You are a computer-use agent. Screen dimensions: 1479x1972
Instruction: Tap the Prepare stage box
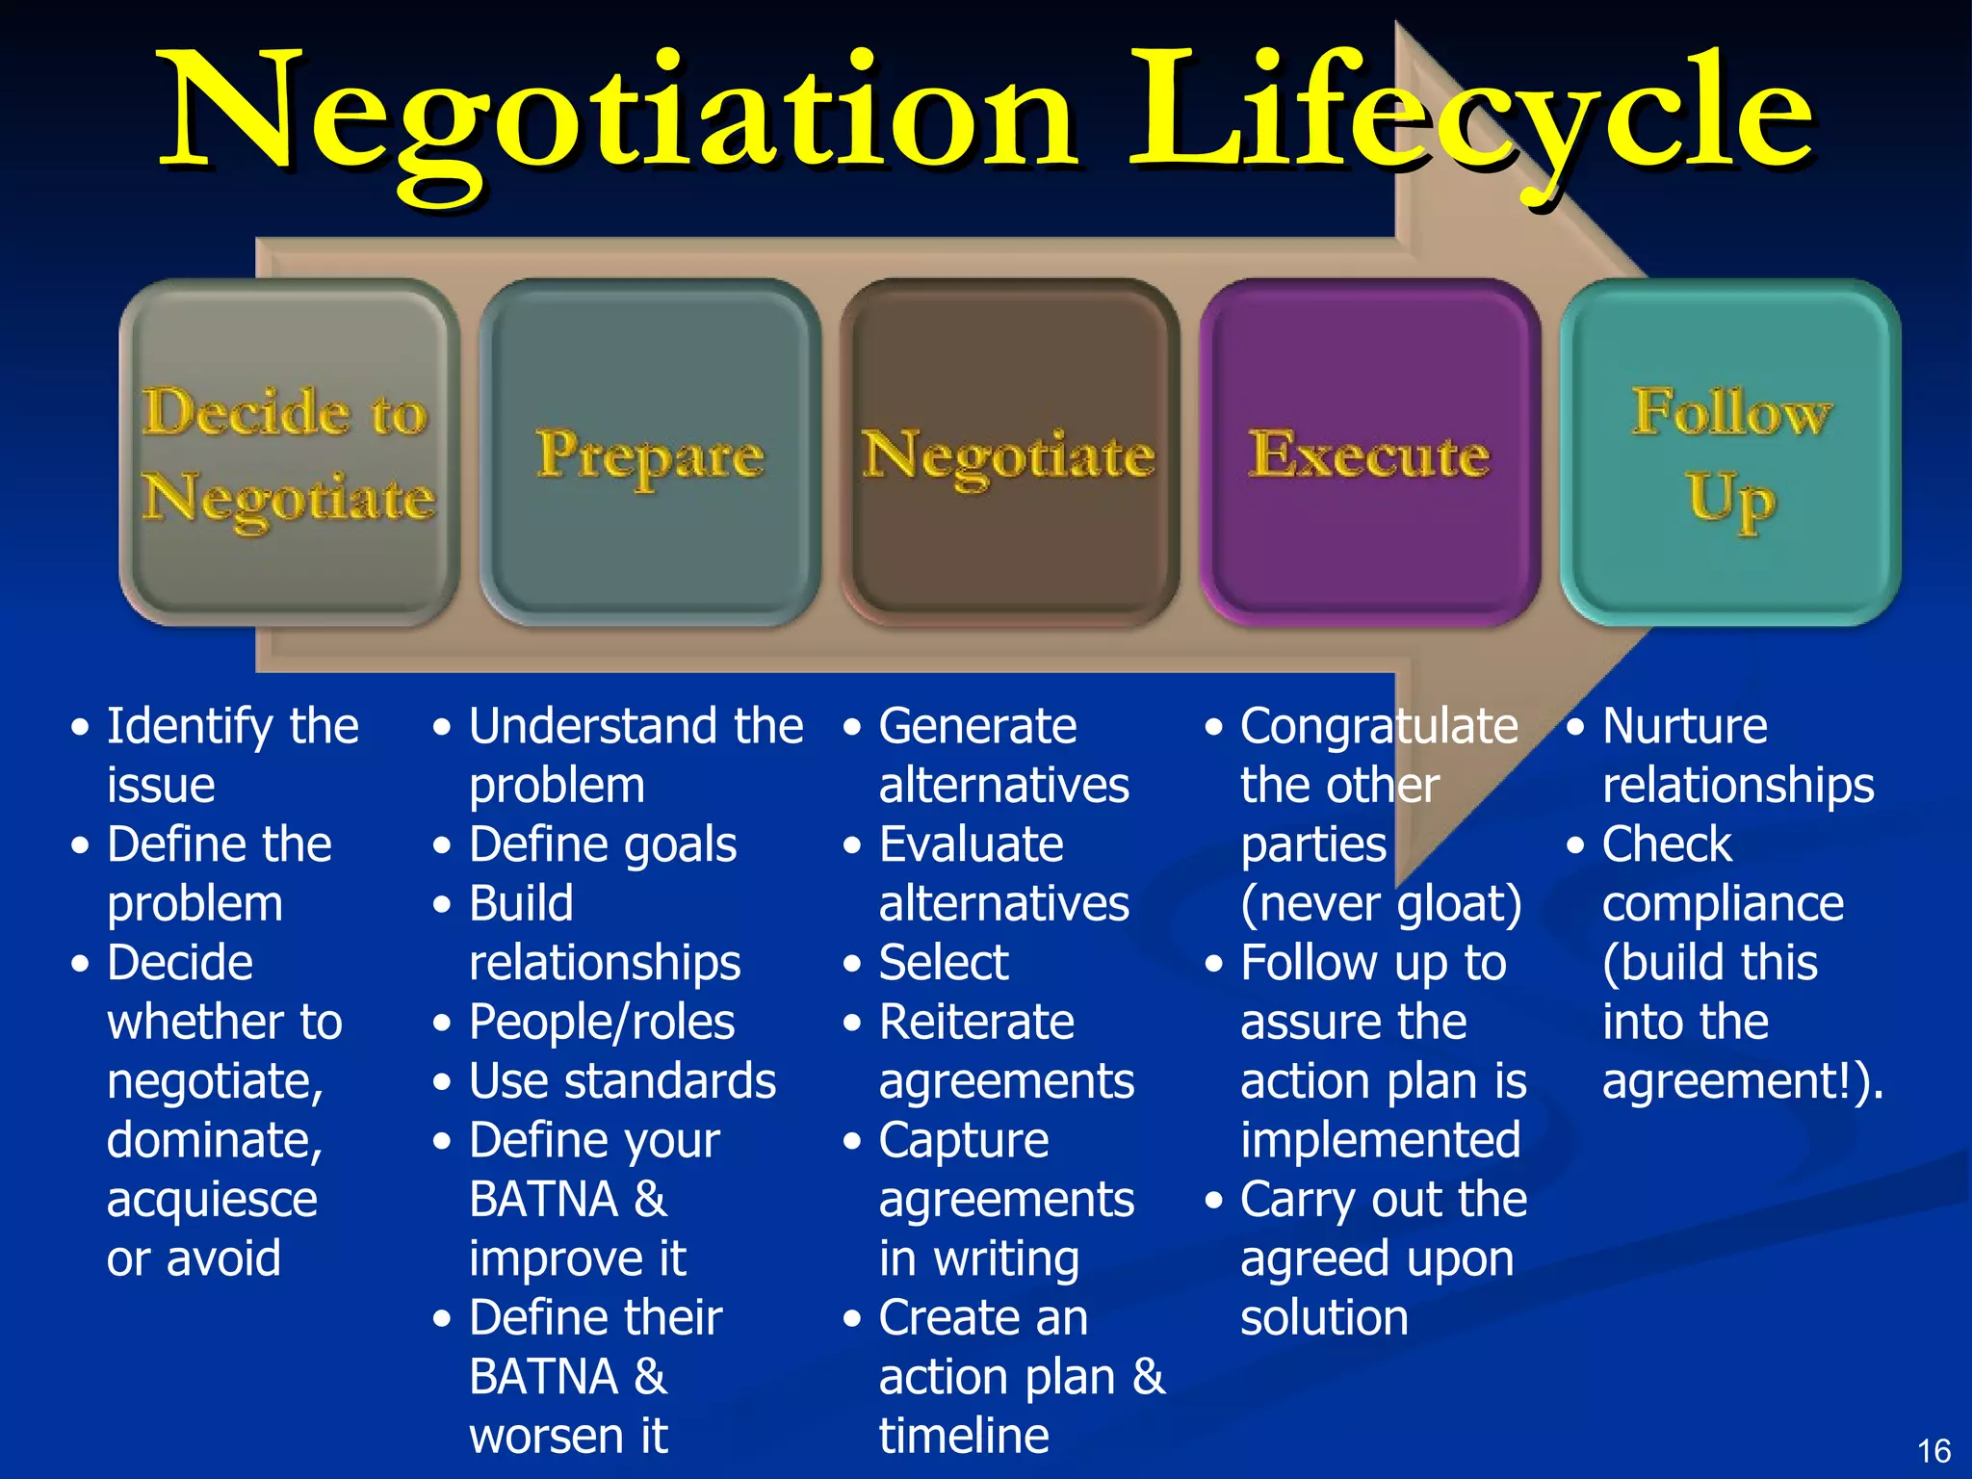[x=650, y=453]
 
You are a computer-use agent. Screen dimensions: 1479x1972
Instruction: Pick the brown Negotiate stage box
[x=1010, y=453]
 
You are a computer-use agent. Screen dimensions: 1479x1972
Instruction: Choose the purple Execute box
[x=1369, y=453]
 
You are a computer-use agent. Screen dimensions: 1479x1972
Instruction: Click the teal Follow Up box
[x=1730, y=453]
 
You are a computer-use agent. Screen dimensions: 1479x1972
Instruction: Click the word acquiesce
[x=212, y=1200]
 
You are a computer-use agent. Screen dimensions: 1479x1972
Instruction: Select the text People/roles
[x=602, y=1023]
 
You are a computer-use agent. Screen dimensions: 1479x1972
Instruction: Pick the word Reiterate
[x=976, y=1023]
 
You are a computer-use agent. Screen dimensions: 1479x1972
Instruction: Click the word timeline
[x=964, y=1437]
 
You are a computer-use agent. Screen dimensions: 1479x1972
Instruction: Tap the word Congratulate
[x=1379, y=727]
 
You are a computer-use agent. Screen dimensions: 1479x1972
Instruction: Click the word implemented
[x=1381, y=1141]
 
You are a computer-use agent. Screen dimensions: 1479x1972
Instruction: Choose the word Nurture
[x=1685, y=727]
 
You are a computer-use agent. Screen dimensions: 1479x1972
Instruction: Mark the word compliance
[x=1723, y=904]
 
